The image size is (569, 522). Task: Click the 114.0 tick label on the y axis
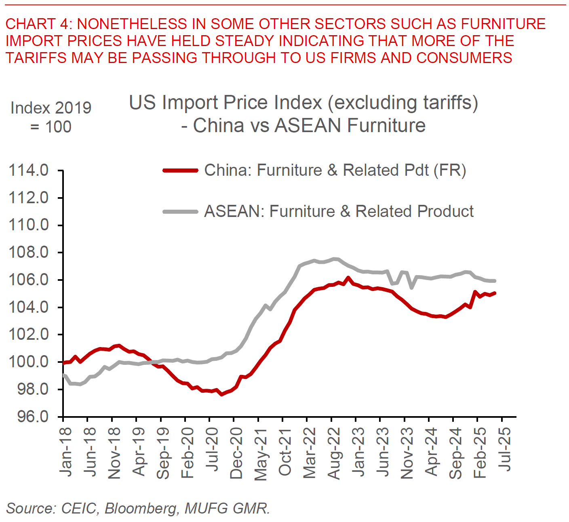29,170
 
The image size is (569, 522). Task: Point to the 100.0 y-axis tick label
29,362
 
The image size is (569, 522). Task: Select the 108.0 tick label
29,253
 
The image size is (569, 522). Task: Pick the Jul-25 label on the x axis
505,449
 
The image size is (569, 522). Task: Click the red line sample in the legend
180,170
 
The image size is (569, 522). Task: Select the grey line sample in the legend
180,211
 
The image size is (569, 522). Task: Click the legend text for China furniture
335,170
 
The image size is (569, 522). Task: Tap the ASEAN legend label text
339,211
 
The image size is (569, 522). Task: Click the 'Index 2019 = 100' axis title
51,117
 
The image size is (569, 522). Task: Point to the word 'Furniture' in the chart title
386,126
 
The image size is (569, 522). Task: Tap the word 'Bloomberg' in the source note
141,508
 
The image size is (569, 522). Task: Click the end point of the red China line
495,293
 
